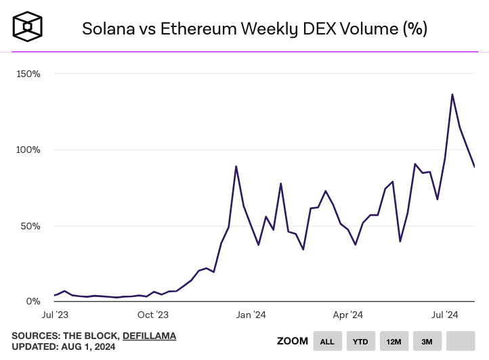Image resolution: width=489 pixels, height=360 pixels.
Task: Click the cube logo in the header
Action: pos(28,26)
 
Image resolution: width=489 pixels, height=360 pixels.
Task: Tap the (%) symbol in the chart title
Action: pos(414,28)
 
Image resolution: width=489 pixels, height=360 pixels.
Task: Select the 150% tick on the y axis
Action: pos(28,73)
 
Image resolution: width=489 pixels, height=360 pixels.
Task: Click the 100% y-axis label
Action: pos(28,150)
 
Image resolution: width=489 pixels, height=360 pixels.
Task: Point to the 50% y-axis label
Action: pos(30,225)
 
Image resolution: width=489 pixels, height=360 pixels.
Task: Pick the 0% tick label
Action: pos(33,301)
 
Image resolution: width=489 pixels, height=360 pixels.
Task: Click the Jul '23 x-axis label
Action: pos(55,315)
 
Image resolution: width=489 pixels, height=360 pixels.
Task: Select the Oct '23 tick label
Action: pos(153,315)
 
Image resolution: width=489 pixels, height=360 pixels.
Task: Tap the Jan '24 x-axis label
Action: pos(251,315)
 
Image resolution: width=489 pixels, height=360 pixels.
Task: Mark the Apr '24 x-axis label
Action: pos(349,315)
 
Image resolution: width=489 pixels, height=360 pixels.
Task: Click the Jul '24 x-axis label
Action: pos(446,315)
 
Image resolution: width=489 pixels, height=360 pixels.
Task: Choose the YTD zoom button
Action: pos(360,341)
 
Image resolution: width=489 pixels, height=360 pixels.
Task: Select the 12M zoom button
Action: pos(394,341)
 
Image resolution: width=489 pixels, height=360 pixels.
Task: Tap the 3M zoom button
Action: pos(427,341)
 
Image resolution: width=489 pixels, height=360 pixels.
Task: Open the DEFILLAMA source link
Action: pos(149,336)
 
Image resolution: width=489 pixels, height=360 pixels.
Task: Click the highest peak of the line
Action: pos(452,95)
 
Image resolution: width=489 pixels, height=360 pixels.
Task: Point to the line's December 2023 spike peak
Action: pos(236,166)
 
